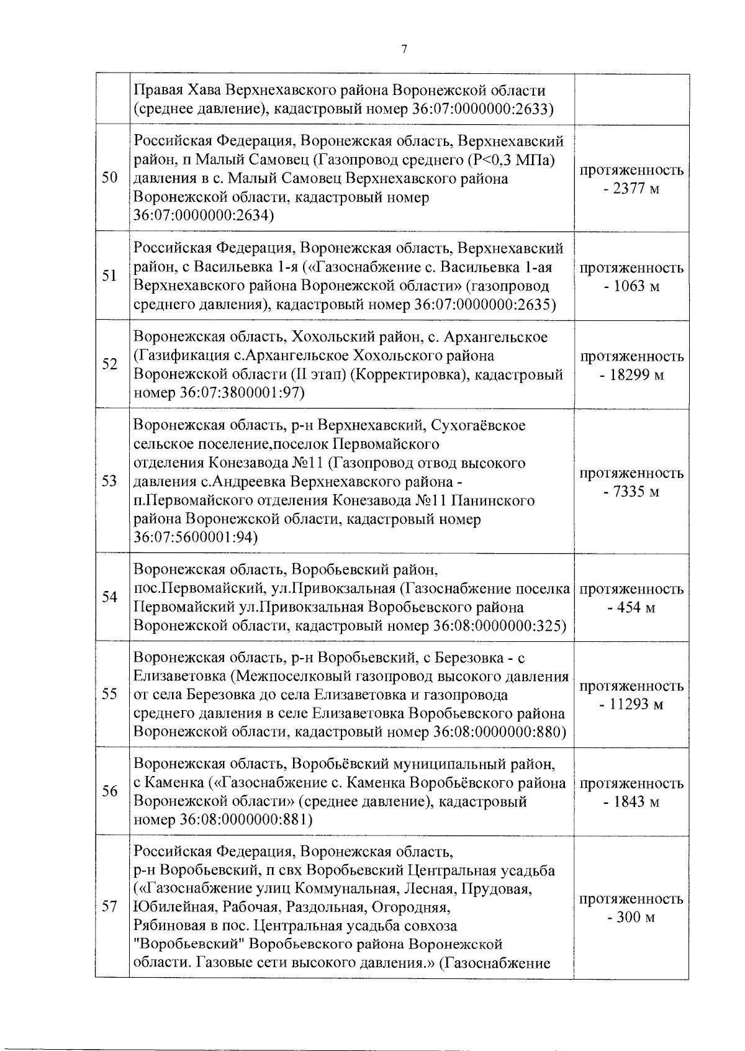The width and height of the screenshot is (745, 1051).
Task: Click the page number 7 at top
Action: click(404, 50)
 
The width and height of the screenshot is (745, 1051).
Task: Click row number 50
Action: click(110, 179)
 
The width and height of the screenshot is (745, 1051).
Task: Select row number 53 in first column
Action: click(110, 481)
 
